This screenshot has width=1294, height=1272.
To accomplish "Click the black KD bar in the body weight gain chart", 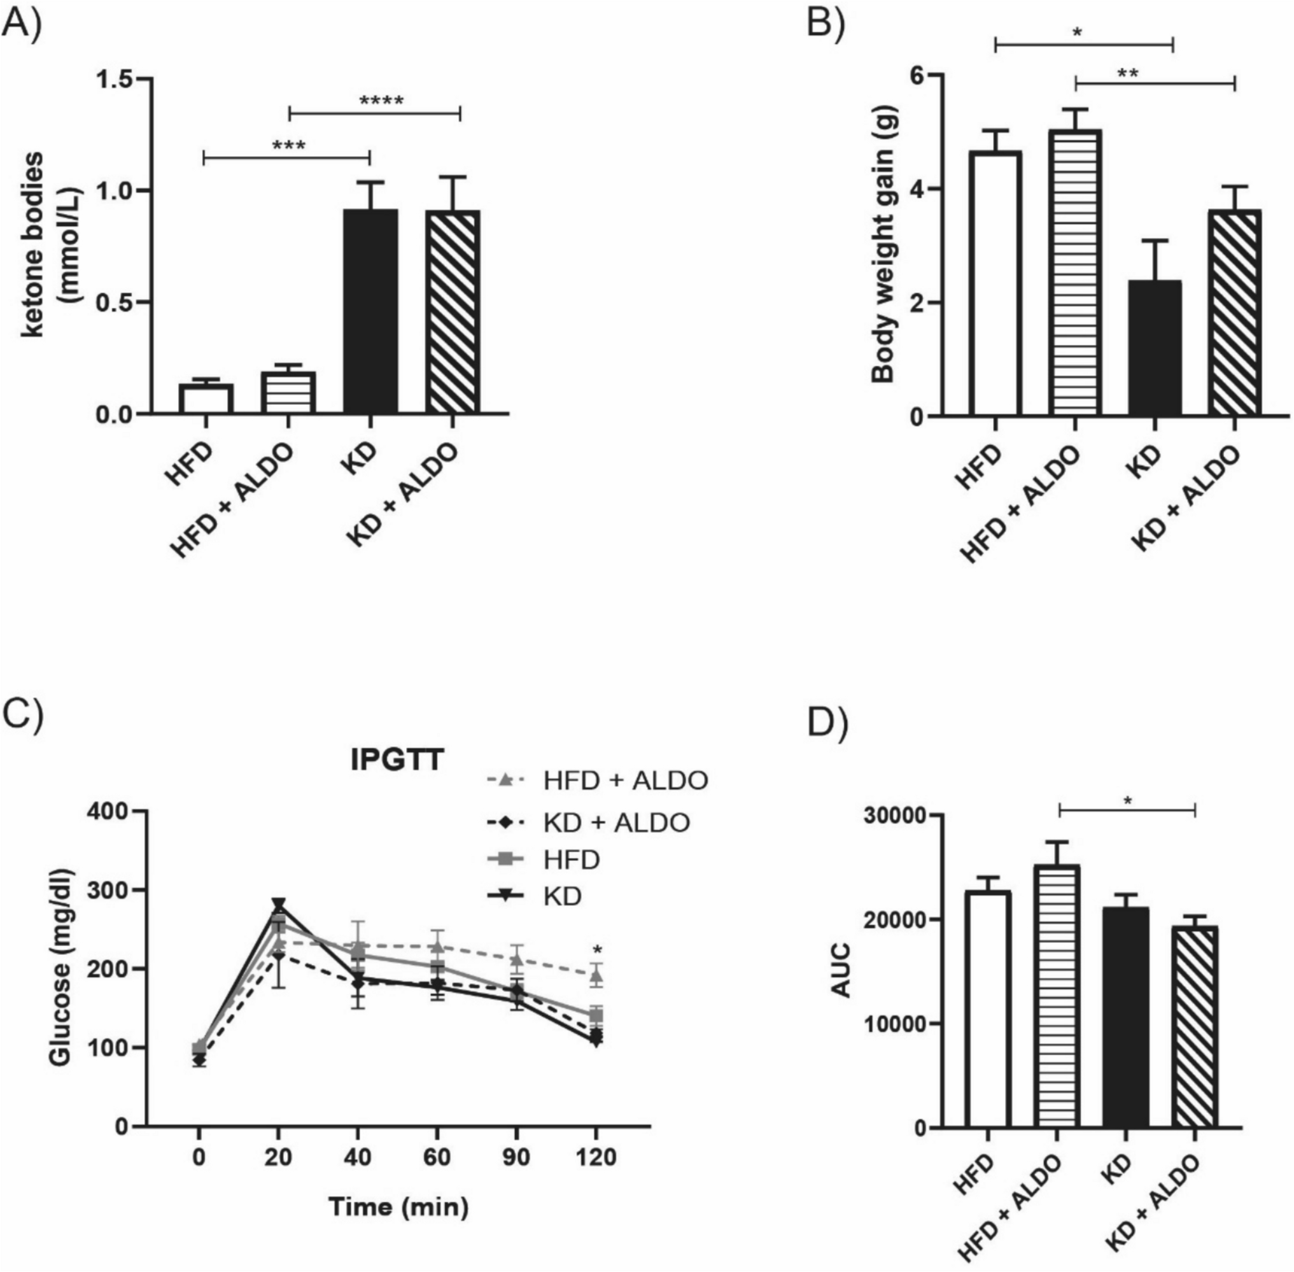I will [x=1155, y=348].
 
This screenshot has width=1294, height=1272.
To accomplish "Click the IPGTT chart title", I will [x=397, y=761].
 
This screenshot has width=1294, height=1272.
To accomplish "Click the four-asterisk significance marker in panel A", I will [x=381, y=102].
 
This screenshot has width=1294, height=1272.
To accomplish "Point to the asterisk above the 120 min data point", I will [x=597, y=950].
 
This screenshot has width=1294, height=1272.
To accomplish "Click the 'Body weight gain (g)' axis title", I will [x=883, y=246].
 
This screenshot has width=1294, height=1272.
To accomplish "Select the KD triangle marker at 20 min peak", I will [x=279, y=905].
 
